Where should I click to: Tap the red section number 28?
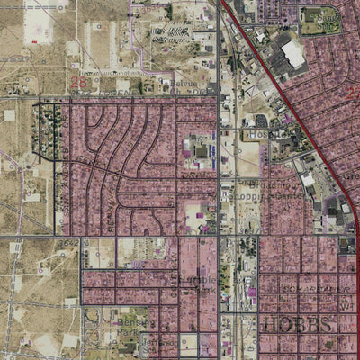pos(77,82)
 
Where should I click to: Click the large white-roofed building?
pos(292,54)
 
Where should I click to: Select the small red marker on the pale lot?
pos(34,41)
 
